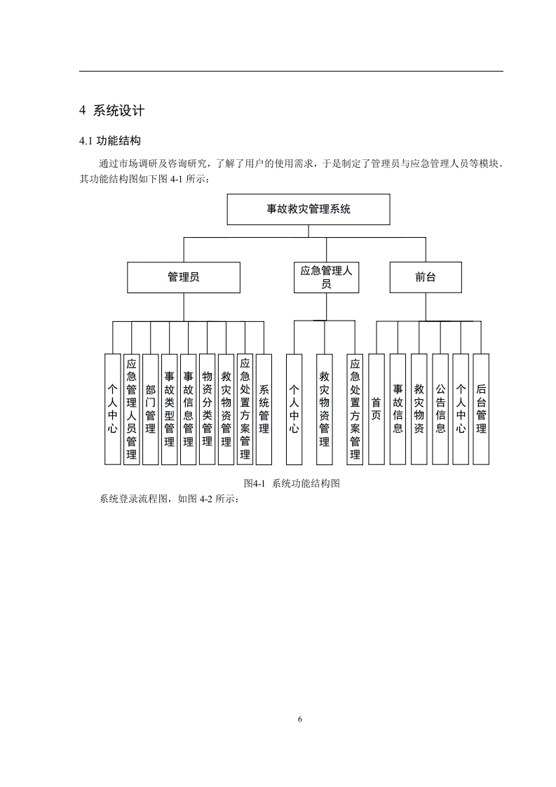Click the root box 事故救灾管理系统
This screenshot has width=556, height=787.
click(308, 209)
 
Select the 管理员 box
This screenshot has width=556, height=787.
click(183, 277)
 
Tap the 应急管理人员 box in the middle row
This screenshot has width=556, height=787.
click(326, 277)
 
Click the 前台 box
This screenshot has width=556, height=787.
click(426, 277)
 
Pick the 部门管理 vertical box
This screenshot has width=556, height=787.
click(150, 409)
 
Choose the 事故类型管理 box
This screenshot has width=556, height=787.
click(169, 409)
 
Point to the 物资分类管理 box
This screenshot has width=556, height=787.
click(207, 409)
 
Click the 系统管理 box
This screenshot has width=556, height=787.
click(264, 409)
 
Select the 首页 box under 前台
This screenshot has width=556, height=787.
click(377, 409)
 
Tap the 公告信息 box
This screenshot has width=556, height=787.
click(440, 409)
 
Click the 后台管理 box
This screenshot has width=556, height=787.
click(481, 409)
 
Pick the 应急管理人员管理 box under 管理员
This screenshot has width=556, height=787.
click(131, 409)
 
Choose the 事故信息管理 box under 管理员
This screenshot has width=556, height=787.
click(188, 409)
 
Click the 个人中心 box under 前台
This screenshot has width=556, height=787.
click(460, 409)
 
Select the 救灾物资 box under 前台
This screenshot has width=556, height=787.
click(419, 409)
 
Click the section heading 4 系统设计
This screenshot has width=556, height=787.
click(112, 111)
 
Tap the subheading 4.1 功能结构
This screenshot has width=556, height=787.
click(111, 141)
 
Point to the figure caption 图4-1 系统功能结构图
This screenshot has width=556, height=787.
click(291, 484)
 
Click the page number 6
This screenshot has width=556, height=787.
click(300, 720)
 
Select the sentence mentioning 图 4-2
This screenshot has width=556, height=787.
click(170, 499)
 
